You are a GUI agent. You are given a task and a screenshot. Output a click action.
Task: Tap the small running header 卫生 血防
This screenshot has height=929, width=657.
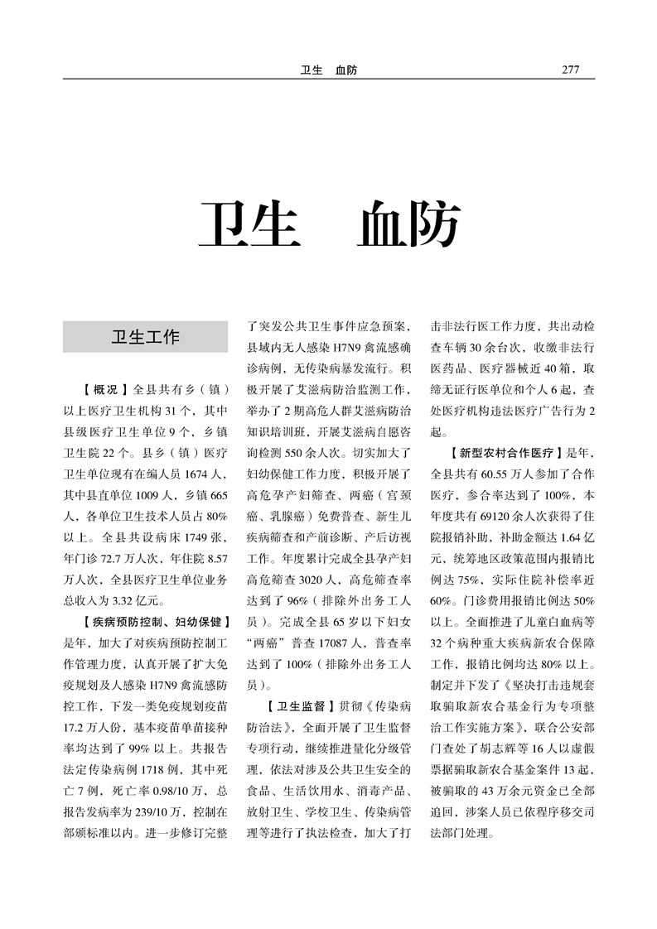pos(328,70)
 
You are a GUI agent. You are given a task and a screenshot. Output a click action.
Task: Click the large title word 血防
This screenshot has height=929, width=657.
pos(408,224)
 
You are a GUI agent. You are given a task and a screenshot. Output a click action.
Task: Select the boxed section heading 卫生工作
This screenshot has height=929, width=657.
pos(145,337)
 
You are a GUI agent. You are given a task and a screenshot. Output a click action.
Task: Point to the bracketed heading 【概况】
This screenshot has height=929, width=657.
pos(105,389)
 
